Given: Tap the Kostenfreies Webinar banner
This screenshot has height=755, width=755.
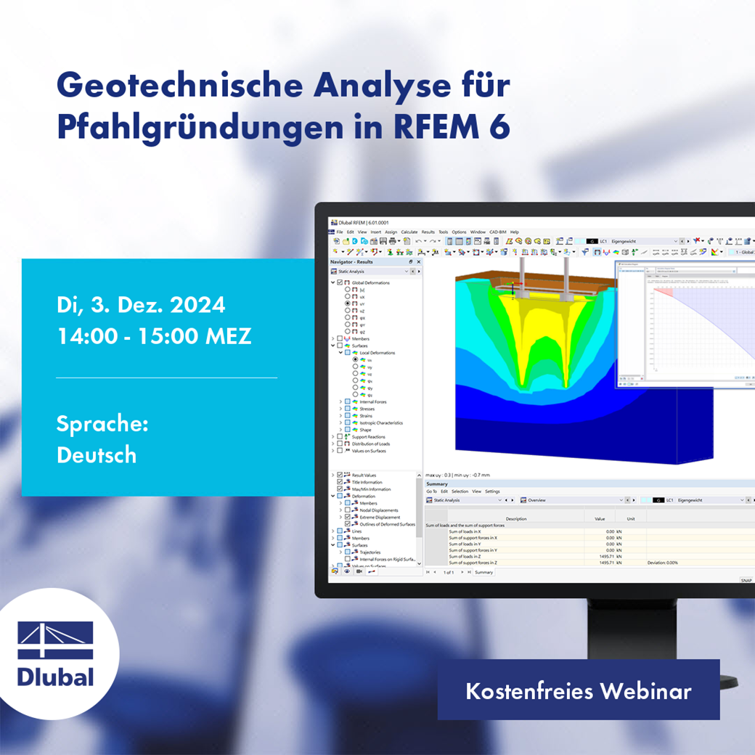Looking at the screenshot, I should [578, 690].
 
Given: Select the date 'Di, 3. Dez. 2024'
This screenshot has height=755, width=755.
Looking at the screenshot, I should [141, 305].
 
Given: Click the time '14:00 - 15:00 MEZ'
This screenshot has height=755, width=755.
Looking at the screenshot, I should [154, 336].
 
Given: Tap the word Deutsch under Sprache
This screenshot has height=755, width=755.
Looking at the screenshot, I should [97, 455].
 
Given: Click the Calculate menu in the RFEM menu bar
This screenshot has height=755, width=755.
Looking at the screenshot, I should [409, 232].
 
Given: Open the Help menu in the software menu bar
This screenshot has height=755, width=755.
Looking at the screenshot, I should [515, 232].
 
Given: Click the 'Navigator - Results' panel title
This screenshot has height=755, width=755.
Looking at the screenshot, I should [351, 261].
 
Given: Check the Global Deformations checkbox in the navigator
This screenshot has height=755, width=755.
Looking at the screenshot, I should [340, 282].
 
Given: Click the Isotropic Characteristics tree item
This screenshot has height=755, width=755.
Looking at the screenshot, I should [381, 423].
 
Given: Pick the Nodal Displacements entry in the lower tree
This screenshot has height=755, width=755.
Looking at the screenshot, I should [379, 510].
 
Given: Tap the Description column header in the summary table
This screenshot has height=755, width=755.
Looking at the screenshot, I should [516, 519].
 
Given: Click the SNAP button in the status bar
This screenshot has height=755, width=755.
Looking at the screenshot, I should [746, 580].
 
